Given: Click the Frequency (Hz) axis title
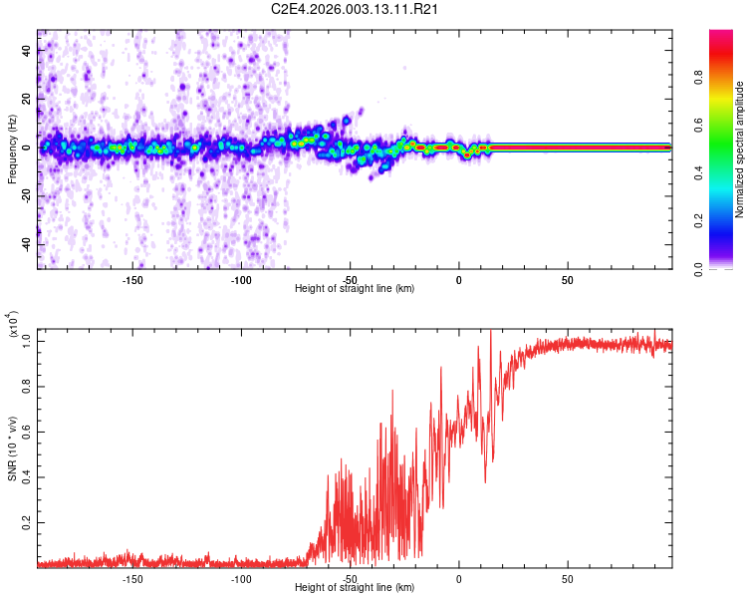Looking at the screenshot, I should (12, 149).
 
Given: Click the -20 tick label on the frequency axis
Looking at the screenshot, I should (27, 196).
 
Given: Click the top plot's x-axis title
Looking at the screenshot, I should (355, 288).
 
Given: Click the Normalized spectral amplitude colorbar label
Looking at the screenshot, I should (740, 149).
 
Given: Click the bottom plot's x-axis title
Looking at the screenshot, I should (355, 588).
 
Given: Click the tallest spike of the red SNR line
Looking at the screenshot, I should (490, 331).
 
